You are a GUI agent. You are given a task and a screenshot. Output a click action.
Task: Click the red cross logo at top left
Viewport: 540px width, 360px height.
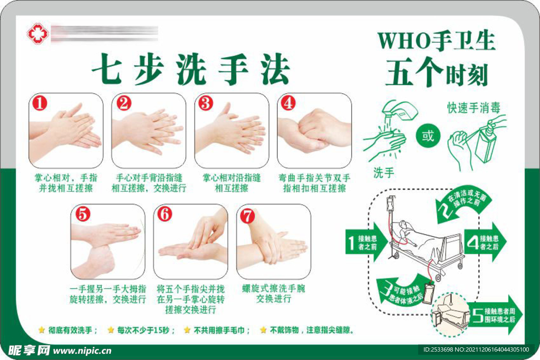37,33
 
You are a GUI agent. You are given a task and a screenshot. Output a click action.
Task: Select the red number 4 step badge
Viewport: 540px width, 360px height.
288,103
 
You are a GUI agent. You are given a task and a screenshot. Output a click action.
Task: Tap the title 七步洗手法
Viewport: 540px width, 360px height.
191,70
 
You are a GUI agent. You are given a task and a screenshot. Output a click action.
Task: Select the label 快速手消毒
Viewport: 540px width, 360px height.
474,108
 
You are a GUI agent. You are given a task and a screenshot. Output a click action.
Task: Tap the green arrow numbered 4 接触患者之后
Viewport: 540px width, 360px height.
485,243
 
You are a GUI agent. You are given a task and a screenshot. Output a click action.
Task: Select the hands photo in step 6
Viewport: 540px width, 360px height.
191,241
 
